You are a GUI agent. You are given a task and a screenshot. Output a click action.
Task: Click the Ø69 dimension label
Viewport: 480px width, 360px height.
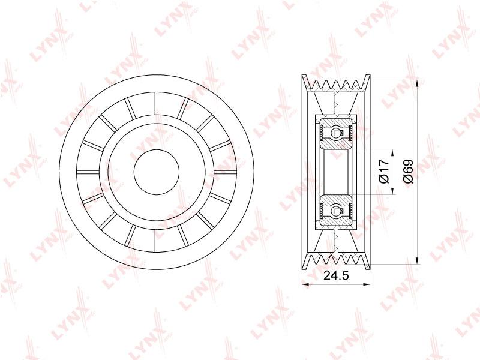(x=409, y=172)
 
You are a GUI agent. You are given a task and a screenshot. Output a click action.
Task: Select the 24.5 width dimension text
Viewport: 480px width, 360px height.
(x=336, y=275)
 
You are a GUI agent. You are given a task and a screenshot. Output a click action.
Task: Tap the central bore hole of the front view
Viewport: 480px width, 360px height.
(x=157, y=172)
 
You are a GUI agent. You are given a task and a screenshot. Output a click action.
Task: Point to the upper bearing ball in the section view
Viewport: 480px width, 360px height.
(x=335, y=133)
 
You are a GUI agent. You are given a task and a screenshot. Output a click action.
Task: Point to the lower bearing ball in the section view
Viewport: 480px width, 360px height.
(x=335, y=211)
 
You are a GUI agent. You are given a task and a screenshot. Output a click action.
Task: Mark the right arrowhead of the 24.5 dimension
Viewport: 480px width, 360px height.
(x=367, y=284)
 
